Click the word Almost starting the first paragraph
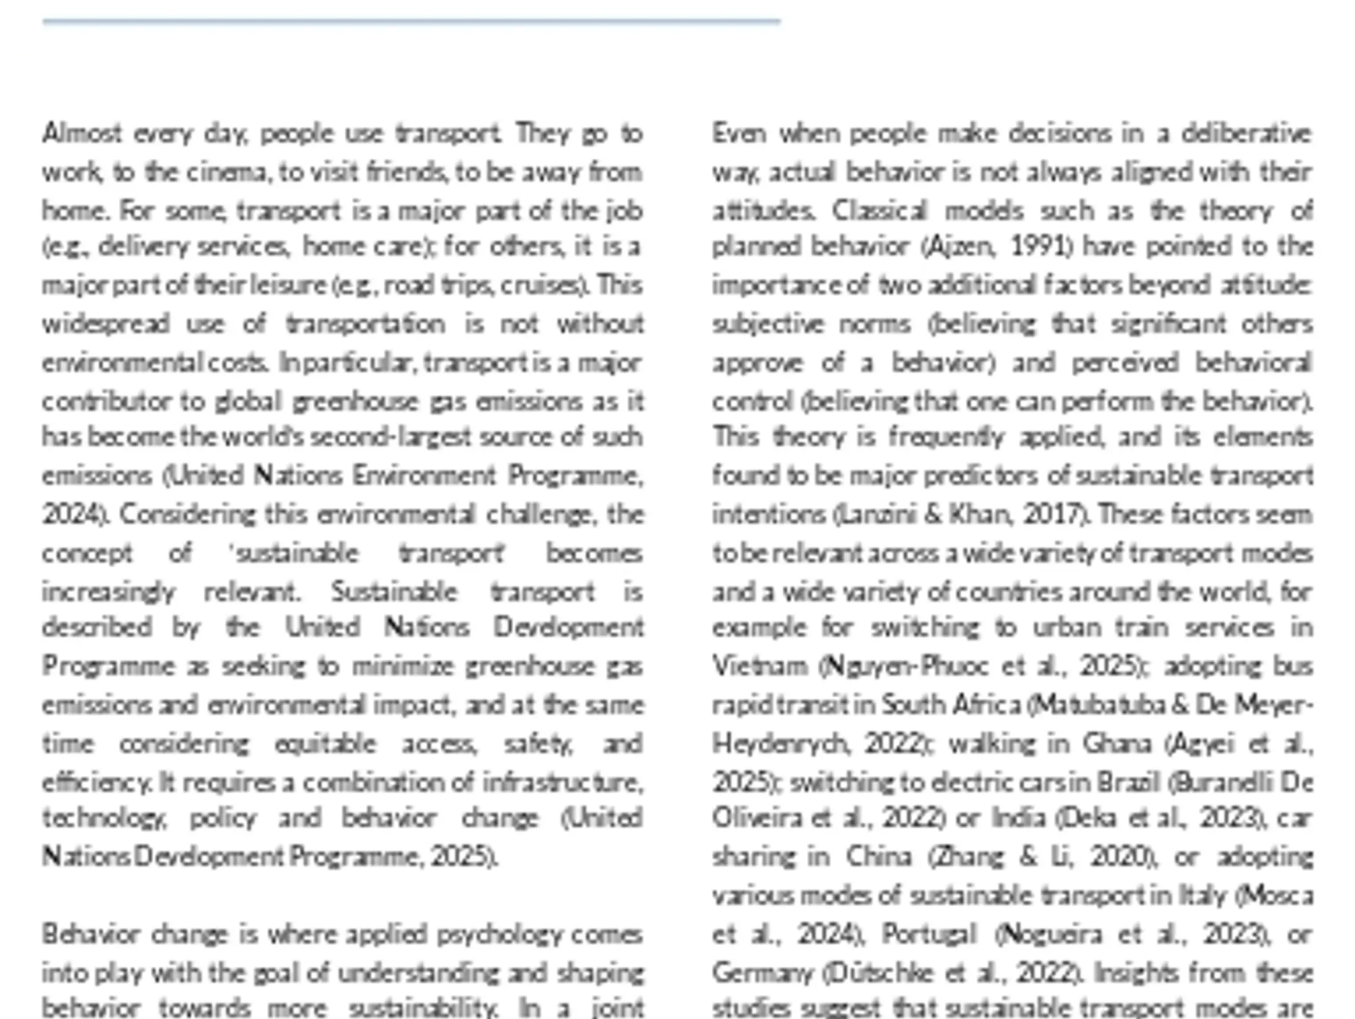click(82, 134)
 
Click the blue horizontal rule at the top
click(410, 22)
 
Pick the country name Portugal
click(929, 934)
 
